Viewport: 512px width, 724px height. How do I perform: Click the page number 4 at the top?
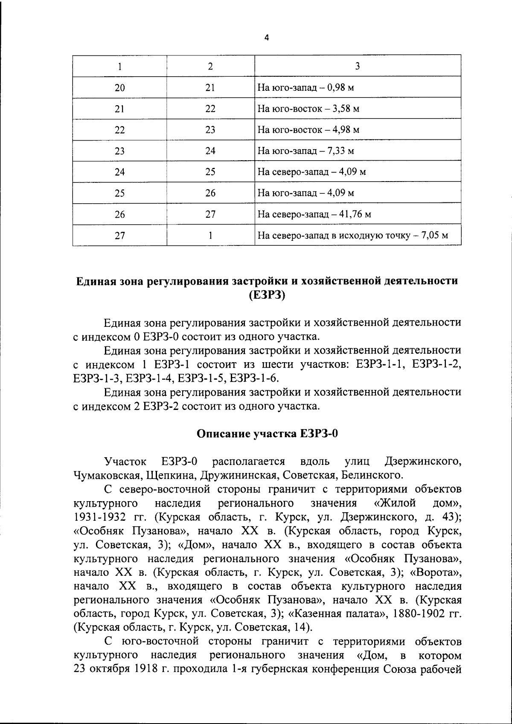pyautogui.click(x=267, y=37)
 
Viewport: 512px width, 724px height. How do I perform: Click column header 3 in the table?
pyautogui.click(x=358, y=66)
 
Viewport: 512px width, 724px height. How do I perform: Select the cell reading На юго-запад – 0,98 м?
pyautogui.click(x=306, y=88)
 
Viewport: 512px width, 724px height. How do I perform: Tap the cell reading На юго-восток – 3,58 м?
pyautogui.click(x=308, y=109)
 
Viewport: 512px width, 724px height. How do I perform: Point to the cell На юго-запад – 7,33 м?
pyautogui.click(x=306, y=151)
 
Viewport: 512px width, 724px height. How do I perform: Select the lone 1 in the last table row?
pyautogui.click(x=210, y=235)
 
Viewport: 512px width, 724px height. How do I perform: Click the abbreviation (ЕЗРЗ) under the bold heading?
pyautogui.click(x=267, y=295)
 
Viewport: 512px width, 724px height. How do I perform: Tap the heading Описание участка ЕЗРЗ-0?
pyautogui.click(x=267, y=434)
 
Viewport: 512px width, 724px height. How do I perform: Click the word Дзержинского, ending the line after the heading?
pyautogui.click(x=423, y=462)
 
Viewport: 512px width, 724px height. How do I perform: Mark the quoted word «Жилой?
pyautogui.click(x=395, y=503)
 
